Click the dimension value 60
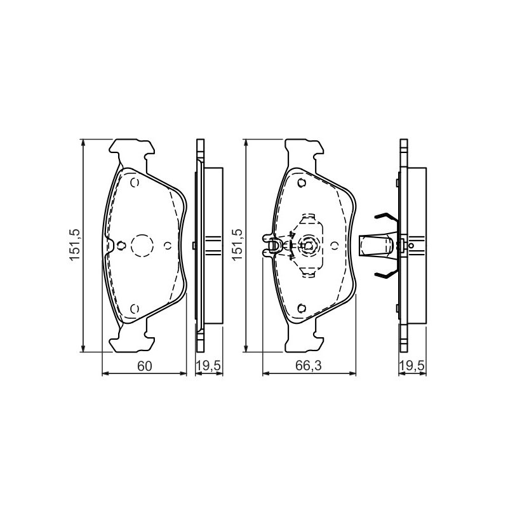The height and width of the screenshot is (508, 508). tap(145, 366)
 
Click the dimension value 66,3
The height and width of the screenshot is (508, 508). tap(308, 366)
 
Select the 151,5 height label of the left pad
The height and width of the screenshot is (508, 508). tap(74, 244)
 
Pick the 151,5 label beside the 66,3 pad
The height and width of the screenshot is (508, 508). tap(237, 244)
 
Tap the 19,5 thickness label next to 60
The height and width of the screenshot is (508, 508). tap(209, 366)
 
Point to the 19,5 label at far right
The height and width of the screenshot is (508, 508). tap(411, 366)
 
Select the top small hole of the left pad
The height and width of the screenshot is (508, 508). tap(135, 183)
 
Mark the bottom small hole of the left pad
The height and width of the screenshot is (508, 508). tap(135, 309)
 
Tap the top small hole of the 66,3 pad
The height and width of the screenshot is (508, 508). tap(302, 183)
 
